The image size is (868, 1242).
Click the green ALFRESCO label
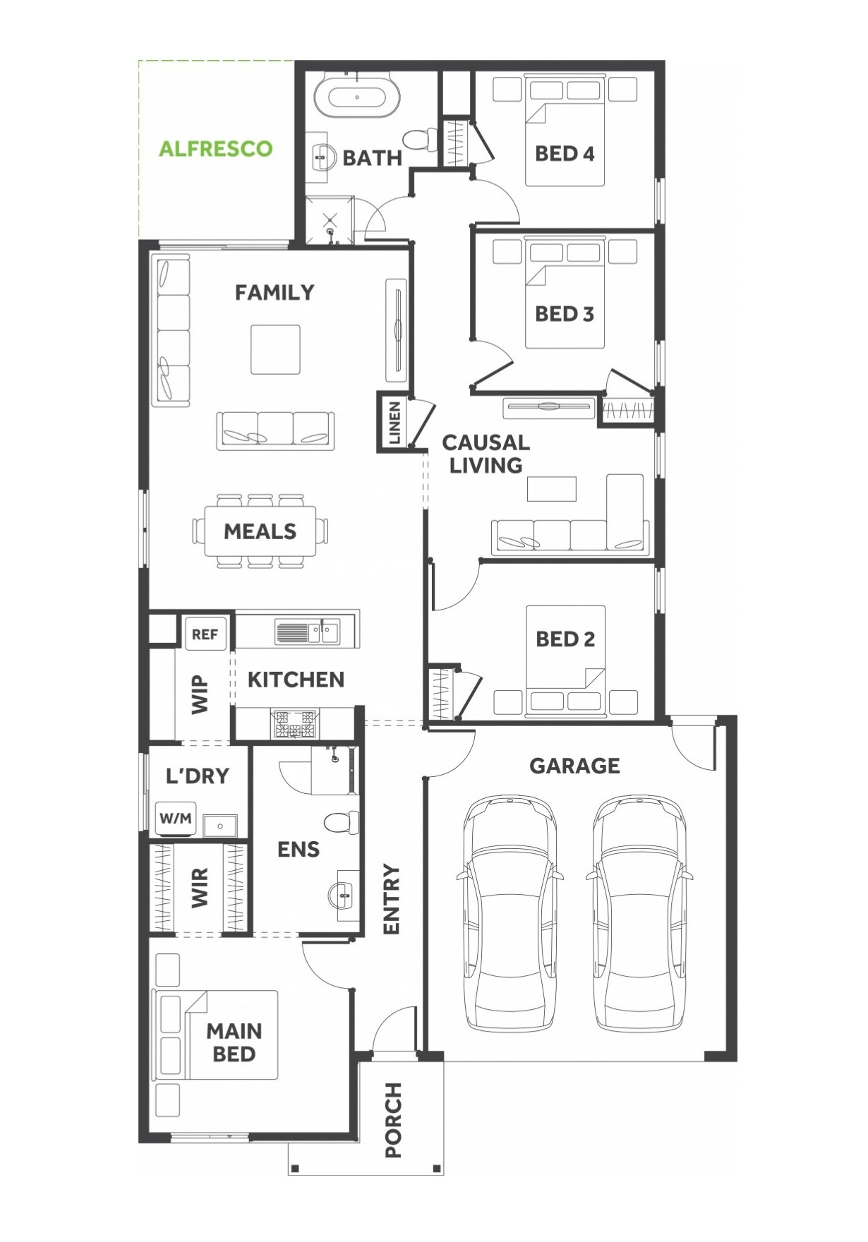click(215, 149)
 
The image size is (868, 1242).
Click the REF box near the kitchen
click(205, 634)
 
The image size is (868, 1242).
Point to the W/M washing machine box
click(176, 819)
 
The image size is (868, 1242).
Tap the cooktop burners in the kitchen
click(295, 724)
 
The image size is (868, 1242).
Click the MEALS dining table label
click(260, 531)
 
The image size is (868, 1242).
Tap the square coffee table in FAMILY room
click(275, 349)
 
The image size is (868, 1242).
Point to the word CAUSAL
click(486, 442)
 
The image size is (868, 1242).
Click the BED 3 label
click(565, 314)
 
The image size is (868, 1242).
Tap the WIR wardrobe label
click(200, 888)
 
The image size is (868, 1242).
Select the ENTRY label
click(391, 899)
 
